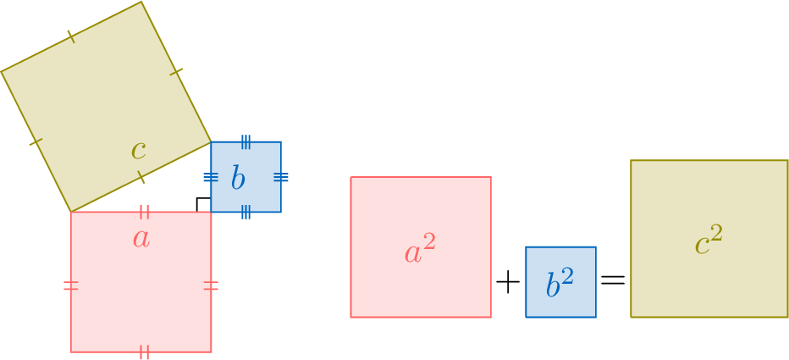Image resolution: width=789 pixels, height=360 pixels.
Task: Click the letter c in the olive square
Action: [139, 152]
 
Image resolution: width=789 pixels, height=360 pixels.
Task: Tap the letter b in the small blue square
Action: [238, 179]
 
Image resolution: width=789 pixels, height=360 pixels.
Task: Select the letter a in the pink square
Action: [141, 239]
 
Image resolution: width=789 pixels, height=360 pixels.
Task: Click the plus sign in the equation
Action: [507, 283]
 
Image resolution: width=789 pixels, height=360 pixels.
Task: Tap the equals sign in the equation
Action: [613, 280]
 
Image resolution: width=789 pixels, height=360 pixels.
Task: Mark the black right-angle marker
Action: [201, 203]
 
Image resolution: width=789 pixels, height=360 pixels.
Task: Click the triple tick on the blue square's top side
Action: [246, 141]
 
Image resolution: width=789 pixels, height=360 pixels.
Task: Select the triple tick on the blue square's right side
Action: [281, 177]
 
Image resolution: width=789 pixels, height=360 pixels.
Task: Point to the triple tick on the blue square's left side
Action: [211, 177]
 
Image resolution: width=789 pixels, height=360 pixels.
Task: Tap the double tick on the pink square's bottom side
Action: [144, 352]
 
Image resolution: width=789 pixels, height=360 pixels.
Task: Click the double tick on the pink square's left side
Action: [71, 285]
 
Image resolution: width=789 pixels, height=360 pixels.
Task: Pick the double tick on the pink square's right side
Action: [211, 285]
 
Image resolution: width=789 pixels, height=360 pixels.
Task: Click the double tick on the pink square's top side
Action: [144, 211]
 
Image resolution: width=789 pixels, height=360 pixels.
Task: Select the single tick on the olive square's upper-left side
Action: [71, 36]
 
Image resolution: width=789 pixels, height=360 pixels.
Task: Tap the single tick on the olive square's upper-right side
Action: [176, 72]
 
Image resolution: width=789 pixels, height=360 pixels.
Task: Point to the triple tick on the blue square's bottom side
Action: [246, 212]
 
